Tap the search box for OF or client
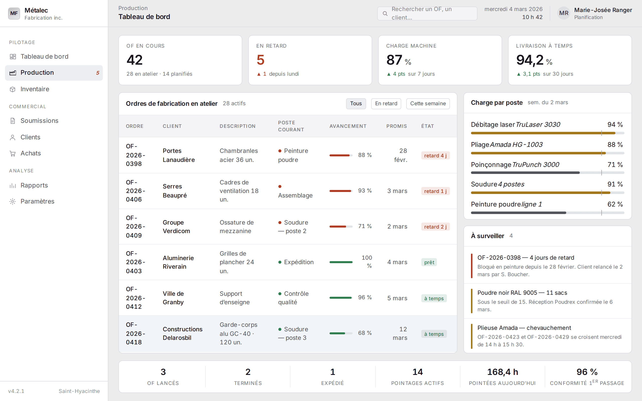click(x=427, y=13)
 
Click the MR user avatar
click(x=564, y=13)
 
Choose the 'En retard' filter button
click(x=386, y=104)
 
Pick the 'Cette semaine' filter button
click(x=428, y=104)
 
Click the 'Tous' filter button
click(x=356, y=104)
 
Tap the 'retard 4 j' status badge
click(x=435, y=156)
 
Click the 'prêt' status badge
click(x=429, y=262)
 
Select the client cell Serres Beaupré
click(x=175, y=191)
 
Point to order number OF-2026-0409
click(x=135, y=227)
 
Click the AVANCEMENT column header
click(x=348, y=126)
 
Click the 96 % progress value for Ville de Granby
click(x=365, y=297)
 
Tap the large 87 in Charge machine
click(x=394, y=60)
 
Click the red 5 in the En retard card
click(x=261, y=60)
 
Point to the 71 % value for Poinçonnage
click(x=615, y=165)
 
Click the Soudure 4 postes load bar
click(x=547, y=193)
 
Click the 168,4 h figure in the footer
click(x=503, y=372)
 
